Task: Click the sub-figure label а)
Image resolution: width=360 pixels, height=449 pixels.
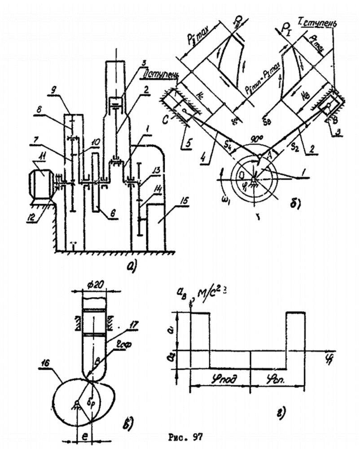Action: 130,268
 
